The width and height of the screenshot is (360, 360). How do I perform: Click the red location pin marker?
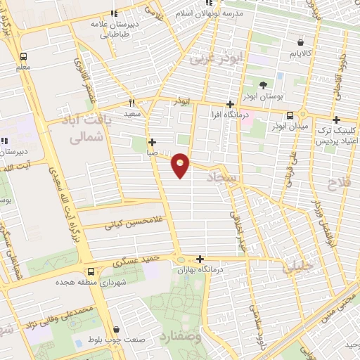(x=181, y=165)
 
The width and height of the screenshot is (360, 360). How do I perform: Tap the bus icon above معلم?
(x=25, y=57)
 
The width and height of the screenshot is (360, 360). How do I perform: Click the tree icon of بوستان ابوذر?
(x=263, y=85)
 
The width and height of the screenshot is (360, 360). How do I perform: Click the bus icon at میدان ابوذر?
(x=289, y=115)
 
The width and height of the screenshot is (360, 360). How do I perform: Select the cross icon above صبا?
(x=152, y=141)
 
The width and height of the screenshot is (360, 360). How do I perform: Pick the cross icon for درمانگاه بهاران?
(x=201, y=259)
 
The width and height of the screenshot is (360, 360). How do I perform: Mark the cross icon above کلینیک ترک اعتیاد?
(x=337, y=120)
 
